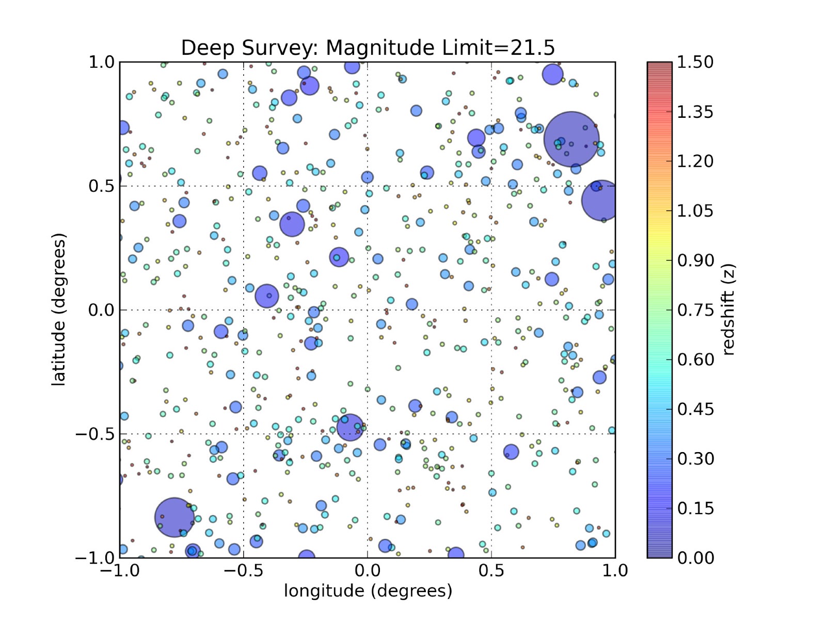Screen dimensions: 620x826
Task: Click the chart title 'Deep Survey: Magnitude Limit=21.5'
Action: [x=368, y=48]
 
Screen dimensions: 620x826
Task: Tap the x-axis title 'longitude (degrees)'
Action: [x=368, y=591]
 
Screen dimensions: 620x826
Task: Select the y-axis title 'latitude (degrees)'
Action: [x=59, y=309]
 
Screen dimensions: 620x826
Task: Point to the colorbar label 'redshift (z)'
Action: [x=728, y=309]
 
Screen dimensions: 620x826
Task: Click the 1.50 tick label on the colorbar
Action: [x=695, y=62]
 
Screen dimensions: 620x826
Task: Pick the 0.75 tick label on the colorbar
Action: [x=695, y=310]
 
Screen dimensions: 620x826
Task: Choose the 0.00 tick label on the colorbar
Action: [x=695, y=558]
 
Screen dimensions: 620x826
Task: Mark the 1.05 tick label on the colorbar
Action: [x=695, y=211]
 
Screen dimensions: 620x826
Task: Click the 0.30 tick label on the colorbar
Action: [x=695, y=459]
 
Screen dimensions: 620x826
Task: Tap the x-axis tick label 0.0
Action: [x=368, y=571]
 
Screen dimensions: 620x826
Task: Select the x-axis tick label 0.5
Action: [x=491, y=571]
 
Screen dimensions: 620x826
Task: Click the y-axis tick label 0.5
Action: [x=101, y=186]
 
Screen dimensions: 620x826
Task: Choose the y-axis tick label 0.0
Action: [x=101, y=310]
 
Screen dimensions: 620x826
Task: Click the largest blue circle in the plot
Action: [x=571, y=139]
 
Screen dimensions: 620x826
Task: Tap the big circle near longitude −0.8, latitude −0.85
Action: [x=174, y=517]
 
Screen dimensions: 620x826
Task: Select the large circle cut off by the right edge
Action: [x=600, y=200]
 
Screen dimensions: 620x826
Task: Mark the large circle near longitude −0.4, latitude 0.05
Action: [x=267, y=296]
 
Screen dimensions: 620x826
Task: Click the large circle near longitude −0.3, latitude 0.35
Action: [x=292, y=225]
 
